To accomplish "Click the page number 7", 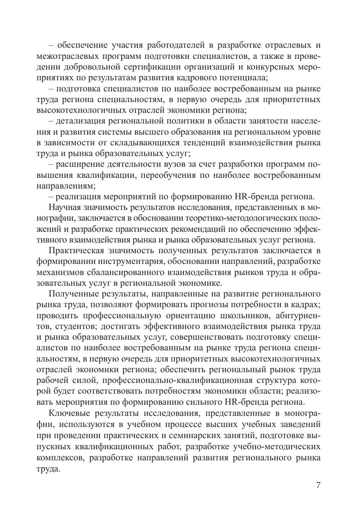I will pos(318,485).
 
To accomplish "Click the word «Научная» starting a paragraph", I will pos(66,207).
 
